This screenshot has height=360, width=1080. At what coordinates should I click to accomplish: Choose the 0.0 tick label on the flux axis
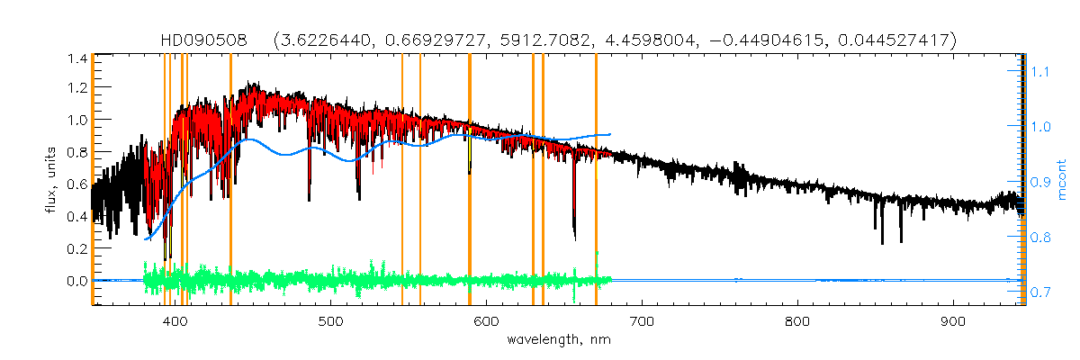[x=76, y=281]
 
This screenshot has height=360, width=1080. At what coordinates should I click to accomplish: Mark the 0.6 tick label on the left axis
[x=76, y=185]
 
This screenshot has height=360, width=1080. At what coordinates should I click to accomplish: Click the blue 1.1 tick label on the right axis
[x=1040, y=71]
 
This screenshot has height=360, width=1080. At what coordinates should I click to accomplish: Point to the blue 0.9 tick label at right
[x=1040, y=182]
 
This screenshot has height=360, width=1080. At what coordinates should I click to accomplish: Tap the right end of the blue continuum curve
[x=611, y=134]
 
